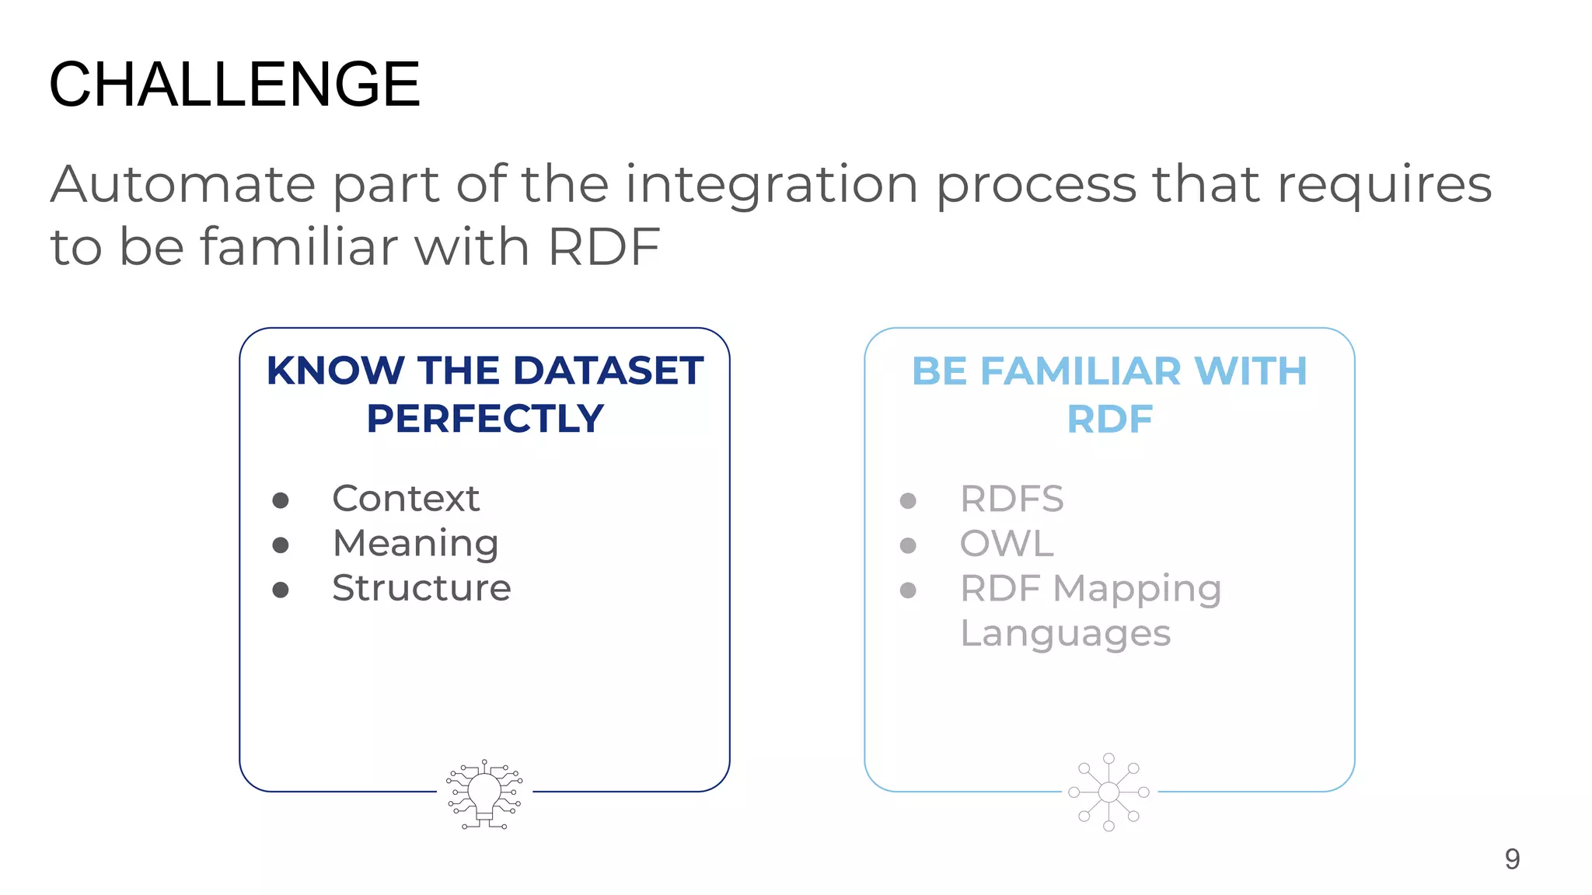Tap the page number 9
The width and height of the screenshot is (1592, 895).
(x=1512, y=858)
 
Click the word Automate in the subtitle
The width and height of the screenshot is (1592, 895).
(x=183, y=185)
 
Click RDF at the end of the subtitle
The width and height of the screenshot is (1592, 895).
(x=604, y=247)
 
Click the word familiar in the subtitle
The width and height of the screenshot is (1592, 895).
(x=299, y=247)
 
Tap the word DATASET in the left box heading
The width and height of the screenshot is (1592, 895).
(x=608, y=371)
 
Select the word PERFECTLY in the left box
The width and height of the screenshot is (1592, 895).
(x=485, y=419)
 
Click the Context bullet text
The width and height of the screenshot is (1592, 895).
(x=406, y=499)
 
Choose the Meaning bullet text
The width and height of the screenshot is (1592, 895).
(x=415, y=544)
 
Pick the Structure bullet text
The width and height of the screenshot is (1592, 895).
(x=421, y=588)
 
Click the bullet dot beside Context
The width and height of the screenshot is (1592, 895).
(x=281, y=500)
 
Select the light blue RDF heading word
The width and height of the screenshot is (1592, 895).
(x=1109, y=420)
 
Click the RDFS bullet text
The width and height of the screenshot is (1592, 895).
(x=1011, y=499)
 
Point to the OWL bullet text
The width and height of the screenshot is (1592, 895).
(x=1007, y=544)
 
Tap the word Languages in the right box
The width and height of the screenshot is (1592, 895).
(x=1065, y=634)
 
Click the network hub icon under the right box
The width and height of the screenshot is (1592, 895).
(x=1109, y=792)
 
